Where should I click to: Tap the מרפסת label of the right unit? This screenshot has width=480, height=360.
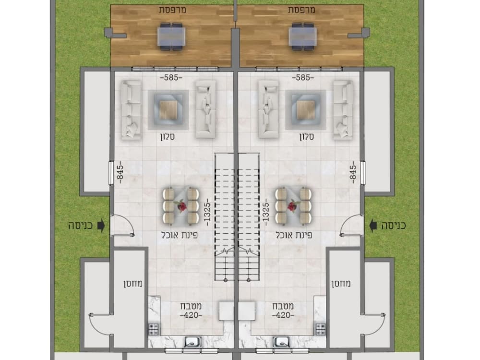pos(301,10)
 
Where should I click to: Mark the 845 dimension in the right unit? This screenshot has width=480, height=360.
pos(354,172)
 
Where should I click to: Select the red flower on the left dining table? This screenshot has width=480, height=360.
pos(181,205)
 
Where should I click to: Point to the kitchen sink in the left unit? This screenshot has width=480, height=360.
pos(192,343)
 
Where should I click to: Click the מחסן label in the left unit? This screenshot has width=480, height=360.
pos(128,283)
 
